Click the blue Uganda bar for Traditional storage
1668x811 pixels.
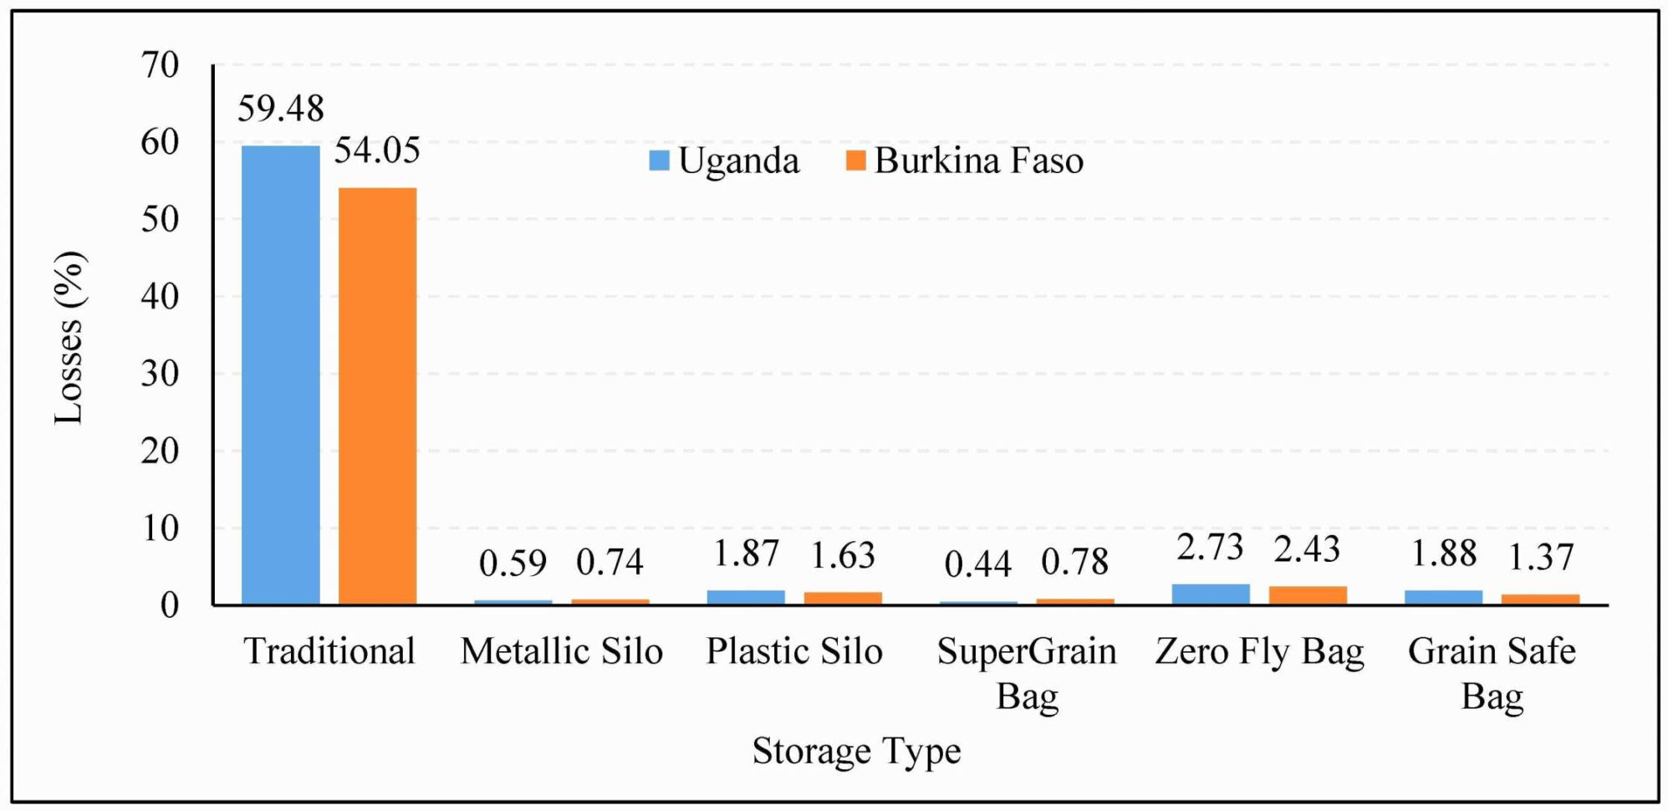280,375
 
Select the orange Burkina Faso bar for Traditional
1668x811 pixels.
377,395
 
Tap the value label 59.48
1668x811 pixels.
280,109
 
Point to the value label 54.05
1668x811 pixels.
377,150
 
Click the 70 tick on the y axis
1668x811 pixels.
160,65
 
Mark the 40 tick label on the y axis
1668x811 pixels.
160,296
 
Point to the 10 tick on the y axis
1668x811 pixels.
160,528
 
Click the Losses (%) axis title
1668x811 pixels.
69,338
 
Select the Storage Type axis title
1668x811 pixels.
856,750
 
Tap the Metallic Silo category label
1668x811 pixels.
561,651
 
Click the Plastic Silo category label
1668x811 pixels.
793,651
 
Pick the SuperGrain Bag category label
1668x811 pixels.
1027,673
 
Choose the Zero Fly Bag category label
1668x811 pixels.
1259,651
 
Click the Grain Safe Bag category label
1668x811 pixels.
1492,673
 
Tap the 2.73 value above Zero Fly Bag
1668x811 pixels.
1210,548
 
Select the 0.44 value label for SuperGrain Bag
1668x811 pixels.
977,564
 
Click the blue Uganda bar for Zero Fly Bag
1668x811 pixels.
1211,594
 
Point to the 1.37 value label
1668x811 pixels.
1540,557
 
